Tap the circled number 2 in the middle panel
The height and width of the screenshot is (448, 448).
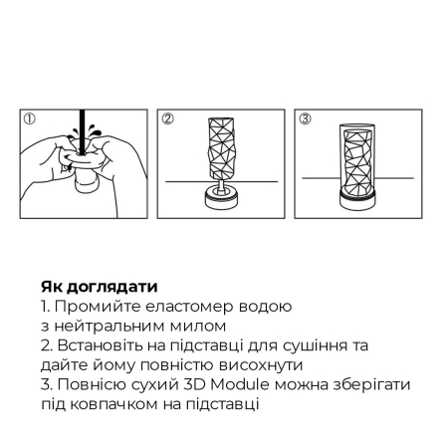pos(168,119)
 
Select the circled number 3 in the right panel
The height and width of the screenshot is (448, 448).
pos(307,119)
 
